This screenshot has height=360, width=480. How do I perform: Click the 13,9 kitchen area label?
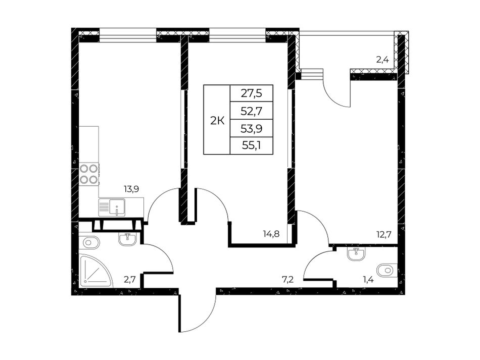pyautogui.click(x=131, y=189)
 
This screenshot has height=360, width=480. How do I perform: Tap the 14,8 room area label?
pyautogui.click(x=271, y=234)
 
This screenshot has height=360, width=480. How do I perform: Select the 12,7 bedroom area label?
pyautogui.click(x=384, y=235)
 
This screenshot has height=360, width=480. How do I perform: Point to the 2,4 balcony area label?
pyautogui.click(x=382, y=60)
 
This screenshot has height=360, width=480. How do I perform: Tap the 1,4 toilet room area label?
pyautogui.click(x=367, y=279)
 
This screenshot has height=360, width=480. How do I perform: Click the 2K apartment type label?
pyautogui.click(x=217, y=121)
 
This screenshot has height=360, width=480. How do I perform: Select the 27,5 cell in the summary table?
pyautogui.click(x=251, y=93)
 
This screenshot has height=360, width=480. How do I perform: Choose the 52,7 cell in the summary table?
pyautogui.click(x=251, y=111)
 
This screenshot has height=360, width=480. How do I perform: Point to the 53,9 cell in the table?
pyautogui.click(x=251, y=128)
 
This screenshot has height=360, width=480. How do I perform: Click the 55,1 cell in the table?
pyautogui.click(x=251, y=146)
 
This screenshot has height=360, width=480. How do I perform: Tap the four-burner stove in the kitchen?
pyautogui.click(x=89, y=174)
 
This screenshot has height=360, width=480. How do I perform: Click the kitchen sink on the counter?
pyautogui.click(x=112, y=207)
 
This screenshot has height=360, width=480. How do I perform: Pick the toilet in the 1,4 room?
pyautogui.click(x=387, y=271)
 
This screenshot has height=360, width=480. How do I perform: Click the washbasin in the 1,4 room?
pyautogui.click(x=356, y=253)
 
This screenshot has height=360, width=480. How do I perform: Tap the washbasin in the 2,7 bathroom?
pyautogui.click(x=128, y=239)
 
